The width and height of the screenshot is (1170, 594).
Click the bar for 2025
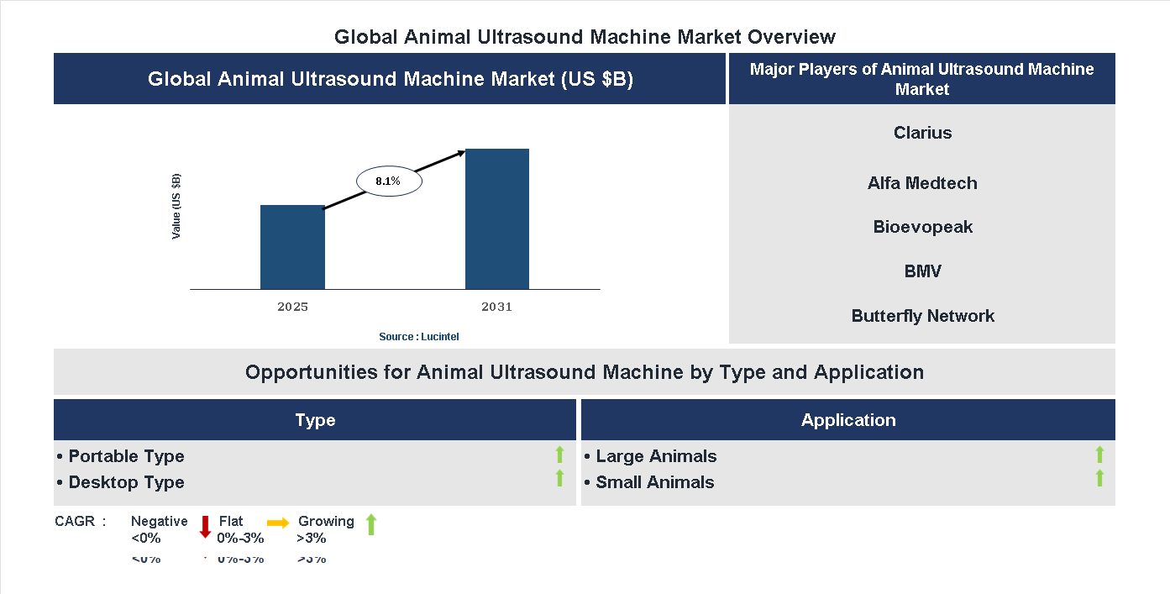pos(292,247)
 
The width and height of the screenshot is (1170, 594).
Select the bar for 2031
pos(497,219)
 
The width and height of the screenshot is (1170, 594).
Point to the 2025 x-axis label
pos(292,307)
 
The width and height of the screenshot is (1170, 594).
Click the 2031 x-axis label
pos(496,307)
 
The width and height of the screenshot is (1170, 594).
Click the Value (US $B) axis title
pos(176,207)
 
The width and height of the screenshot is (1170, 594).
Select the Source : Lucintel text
pos(418,337)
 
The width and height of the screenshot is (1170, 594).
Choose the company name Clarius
pos(922,133)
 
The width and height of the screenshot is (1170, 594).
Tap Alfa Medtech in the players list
pos(922,183)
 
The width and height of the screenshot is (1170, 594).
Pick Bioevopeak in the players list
pos(922,227)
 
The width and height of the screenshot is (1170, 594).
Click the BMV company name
pos(922,271)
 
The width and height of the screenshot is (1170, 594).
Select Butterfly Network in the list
pos(922,316)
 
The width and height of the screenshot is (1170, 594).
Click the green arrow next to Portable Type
pos(559,455)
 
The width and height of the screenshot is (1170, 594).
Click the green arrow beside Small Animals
pos(1099,479)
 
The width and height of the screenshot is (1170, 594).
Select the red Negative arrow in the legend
pos(205,528)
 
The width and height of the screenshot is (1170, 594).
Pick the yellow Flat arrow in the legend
pos(278,522)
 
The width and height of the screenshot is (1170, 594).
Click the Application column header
pos(848,420)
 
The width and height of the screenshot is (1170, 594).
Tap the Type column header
pos(315,420)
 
